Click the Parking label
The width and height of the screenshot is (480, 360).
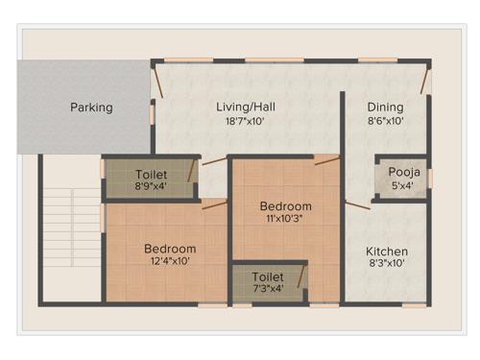click(x=91, y=108)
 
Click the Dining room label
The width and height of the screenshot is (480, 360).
click(x=385, y=107)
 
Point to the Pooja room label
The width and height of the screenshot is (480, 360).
click(x=400, y=172)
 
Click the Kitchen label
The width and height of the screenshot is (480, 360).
click(x=386, y=252)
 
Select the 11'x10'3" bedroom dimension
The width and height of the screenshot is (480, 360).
click(x=285, y=220)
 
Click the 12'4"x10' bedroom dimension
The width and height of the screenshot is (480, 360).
click(x=170, y=262)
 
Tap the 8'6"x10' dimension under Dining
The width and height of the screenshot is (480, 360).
click(x=385, y=122)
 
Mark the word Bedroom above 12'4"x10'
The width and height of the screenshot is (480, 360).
click(x=170, y=248)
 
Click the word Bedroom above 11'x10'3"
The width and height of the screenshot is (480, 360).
click(x=285, y=205)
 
